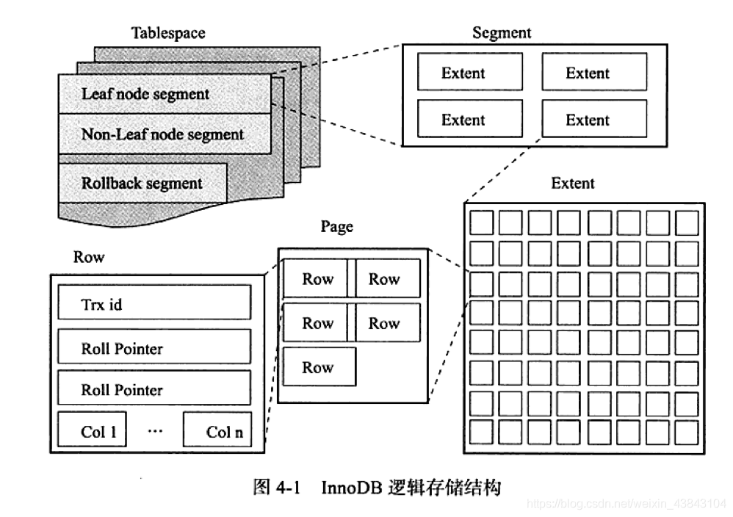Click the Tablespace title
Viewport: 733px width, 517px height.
click(x=168, y=33)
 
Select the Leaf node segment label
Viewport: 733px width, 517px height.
click(x=145, y=94)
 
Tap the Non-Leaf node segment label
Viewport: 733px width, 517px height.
click(x=162, y=134)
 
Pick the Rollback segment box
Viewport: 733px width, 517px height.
click(x=142, y=183)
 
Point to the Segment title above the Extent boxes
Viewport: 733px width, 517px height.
click(x=502, y=33)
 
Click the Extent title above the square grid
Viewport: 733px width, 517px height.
click(x=573, y=183)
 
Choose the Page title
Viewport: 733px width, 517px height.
click(x=336, y=226)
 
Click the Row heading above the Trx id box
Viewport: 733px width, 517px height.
click(x=89, y=257)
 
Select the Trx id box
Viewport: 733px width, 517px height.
click(x=153, y=303)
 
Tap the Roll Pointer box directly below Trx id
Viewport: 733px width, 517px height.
click(x=153, y=347)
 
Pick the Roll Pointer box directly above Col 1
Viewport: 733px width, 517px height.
click(x=153, y=389)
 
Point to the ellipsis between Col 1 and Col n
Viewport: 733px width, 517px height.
click(x=154, y=431)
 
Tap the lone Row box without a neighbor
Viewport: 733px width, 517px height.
click(x=318, y=367)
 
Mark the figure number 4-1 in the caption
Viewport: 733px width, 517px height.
click(x=289, y=488)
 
